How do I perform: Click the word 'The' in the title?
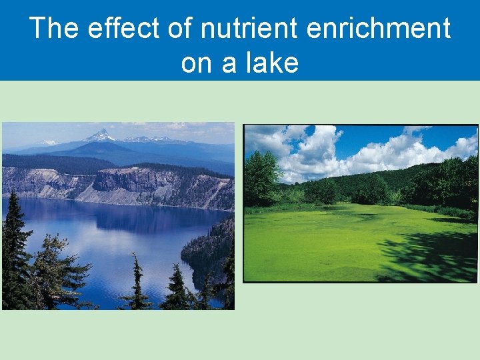pyautogui.click(x=54, y=29)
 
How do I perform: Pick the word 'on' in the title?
pyautogui.click(x=196, y=63)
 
